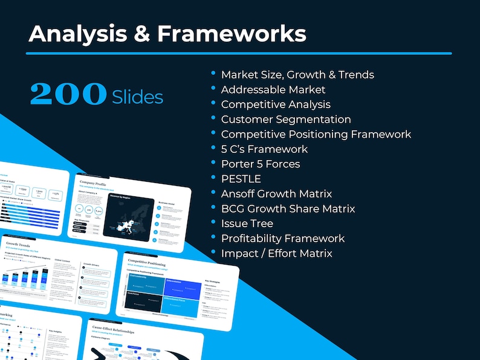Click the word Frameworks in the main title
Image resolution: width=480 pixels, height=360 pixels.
[232, 34]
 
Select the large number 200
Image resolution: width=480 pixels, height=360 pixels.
[68, 94]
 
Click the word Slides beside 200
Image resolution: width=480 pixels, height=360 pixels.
[138, 96]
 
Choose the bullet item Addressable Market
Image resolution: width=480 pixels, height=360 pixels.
[265, 89]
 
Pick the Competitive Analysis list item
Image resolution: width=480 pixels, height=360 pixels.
[276, 104]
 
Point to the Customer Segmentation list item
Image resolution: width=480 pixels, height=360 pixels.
[286, 120]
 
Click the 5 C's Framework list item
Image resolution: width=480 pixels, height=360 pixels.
[264, 149]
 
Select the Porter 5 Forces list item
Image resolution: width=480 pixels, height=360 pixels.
[261, 164]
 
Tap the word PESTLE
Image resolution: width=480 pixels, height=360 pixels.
[241, 179]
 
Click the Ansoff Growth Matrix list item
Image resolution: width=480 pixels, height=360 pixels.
[276, 194]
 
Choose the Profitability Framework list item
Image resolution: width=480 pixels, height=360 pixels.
[283, 239]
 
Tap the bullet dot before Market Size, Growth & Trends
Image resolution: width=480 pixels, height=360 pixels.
[213, 72]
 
